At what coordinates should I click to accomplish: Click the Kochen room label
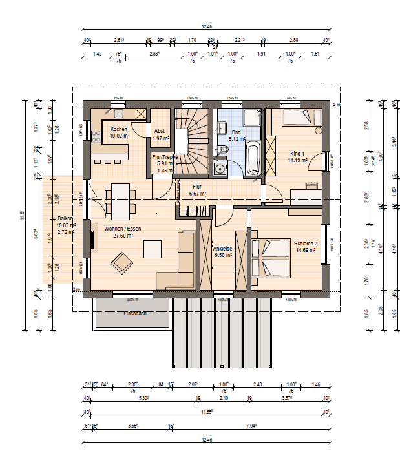click(x=119, y=129)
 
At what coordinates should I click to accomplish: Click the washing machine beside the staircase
click(x=220, y=170)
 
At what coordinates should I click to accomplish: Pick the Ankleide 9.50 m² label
click(x=222, y=251)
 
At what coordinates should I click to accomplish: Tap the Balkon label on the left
click(x=65, y=218)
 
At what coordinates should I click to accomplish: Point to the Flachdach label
click(x=135, y=313)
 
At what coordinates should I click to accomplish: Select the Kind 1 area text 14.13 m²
click(x=299, y=160)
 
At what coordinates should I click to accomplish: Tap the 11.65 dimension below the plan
click(x=206, y=411)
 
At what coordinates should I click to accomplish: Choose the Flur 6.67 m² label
click(x=198, y=190)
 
